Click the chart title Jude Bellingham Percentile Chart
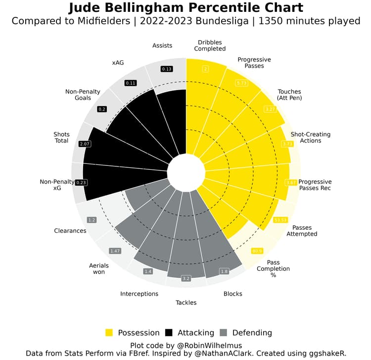[x=185, y=8]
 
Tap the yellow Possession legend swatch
[x=109, y=333]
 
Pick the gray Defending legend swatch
[x=223, y=333]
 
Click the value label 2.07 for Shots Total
[x=85, y=144]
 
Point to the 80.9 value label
[x=257, y=251]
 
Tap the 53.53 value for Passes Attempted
[x=280, y=219]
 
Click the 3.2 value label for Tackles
[x=186, y=279]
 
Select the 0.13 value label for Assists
[x=167, y=69]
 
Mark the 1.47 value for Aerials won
[x=115, y=251]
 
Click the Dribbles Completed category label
[x=210, y=46]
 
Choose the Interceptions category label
[x=139, y=294]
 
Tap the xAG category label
[x=118, y=63]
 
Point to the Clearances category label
[x=70, y=231]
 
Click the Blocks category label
[x=232, y=294]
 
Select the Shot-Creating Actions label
[x=310, y=138]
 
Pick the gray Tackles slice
[x=186, y=238]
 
